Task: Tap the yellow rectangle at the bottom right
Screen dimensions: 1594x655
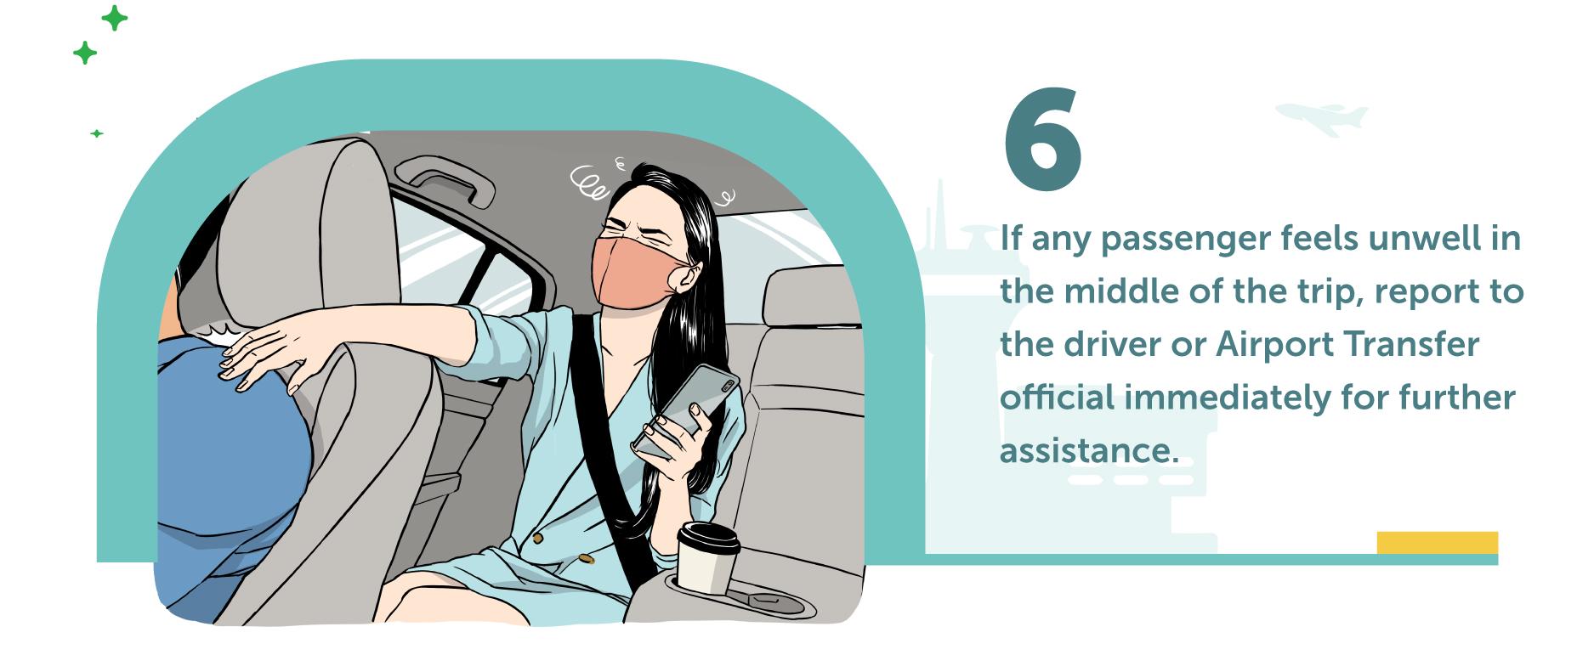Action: pos(1437,543)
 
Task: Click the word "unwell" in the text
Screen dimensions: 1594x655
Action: pos(1417,239)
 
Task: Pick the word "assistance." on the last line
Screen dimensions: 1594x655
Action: pos(1090,451)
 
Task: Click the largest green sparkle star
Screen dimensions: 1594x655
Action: pos(114,18)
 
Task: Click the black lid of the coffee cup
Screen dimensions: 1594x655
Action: pos(708,539)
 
